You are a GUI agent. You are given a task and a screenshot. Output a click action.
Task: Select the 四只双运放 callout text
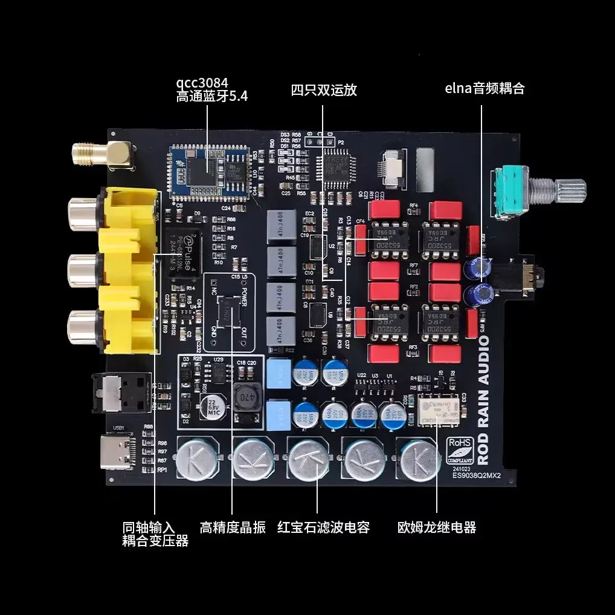[x=324, y=90]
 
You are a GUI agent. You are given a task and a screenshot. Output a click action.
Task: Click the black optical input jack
[x=120, y=394]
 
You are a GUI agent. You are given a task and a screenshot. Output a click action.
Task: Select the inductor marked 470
[x=246, y=401]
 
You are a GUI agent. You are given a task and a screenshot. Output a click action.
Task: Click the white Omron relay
[x=438, y=410]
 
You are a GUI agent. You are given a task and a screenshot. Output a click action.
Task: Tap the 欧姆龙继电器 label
[x=437, y=527]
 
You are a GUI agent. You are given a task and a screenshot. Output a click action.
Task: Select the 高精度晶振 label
[x=233, y=527]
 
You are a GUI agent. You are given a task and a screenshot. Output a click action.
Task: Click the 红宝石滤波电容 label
[x=323, y=527]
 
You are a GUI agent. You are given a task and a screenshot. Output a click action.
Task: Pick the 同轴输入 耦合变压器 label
[x=155, y=534]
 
